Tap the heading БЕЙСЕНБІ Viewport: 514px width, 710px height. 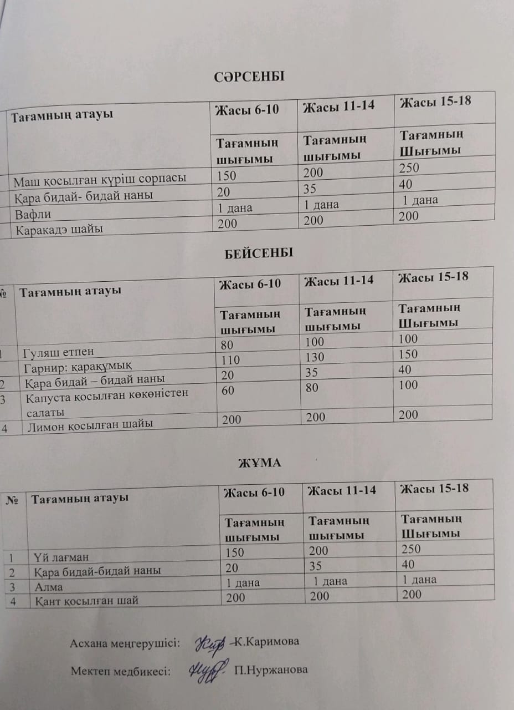click(258, 253)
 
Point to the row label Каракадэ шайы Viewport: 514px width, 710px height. click(59, 229)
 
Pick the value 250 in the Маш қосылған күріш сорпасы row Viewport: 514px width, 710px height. click(409, 168)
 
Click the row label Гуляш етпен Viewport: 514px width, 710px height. click(59, 352)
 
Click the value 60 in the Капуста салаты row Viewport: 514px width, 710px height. click(228, 390)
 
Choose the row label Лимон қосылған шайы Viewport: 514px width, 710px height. click(89, 425)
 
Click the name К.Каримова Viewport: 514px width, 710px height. click(267, 642)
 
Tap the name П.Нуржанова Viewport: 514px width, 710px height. click(271, 670)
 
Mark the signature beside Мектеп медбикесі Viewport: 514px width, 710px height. click(207, 668)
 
